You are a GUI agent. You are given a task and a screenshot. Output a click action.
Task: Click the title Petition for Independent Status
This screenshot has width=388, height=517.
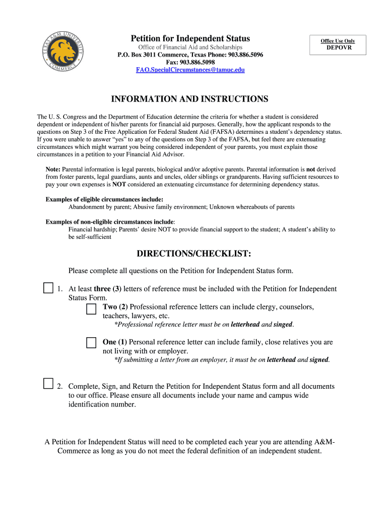tap(190, 39)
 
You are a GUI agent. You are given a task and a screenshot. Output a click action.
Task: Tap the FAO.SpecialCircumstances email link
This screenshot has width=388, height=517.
tap(190, 70)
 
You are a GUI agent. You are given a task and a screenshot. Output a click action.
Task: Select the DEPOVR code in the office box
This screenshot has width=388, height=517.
tap(339, 48)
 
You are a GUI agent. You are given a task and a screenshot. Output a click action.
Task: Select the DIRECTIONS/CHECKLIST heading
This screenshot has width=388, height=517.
tap(193, 253)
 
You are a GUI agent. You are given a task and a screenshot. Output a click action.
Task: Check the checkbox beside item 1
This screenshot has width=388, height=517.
tap(48, 288)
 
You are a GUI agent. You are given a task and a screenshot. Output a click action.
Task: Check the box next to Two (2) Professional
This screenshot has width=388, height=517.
tap(91, 309)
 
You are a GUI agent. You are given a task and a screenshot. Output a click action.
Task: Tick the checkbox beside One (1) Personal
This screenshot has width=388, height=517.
tap(91, 343)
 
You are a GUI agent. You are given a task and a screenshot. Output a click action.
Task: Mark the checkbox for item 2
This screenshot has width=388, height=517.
tap(48, 383)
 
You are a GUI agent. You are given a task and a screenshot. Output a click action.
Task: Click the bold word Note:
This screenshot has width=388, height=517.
tap(53, 170)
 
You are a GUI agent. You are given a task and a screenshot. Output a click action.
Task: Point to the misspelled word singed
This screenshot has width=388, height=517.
tap(283, 325)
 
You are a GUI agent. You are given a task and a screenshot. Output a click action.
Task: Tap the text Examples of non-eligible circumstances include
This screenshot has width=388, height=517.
tap(110, 222)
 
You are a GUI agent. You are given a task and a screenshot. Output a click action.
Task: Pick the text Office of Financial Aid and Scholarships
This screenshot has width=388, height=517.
tap(190, 47)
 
